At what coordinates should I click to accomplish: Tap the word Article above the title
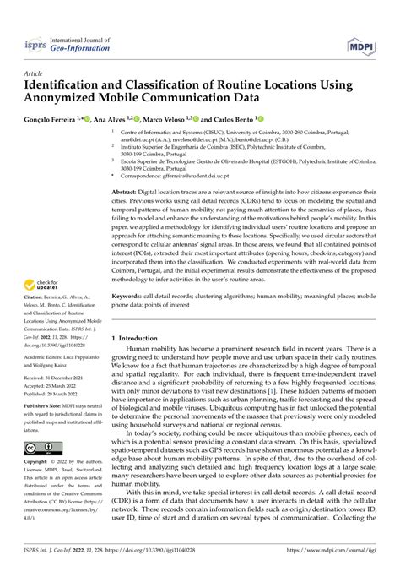tap(35, 73)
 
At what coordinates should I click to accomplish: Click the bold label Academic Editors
tap(48, 357)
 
